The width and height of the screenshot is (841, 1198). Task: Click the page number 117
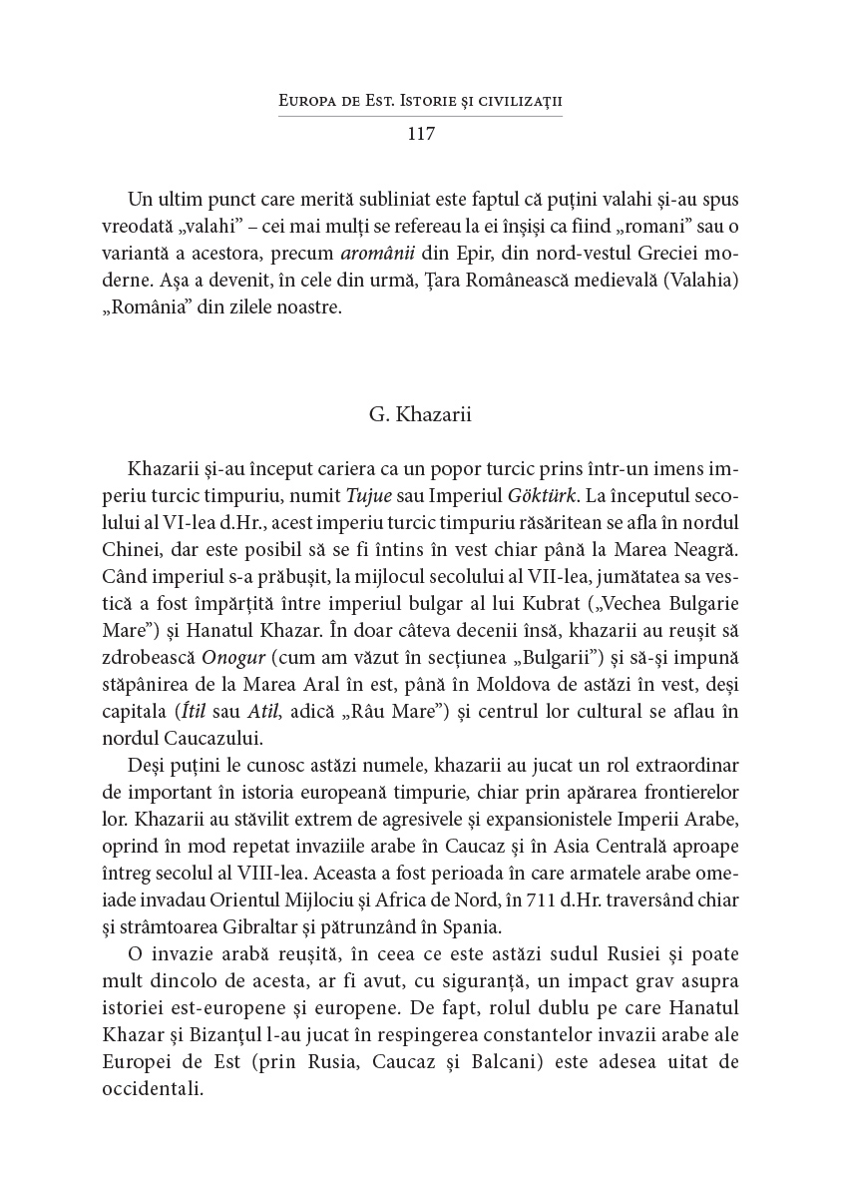tap(421, 134)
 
